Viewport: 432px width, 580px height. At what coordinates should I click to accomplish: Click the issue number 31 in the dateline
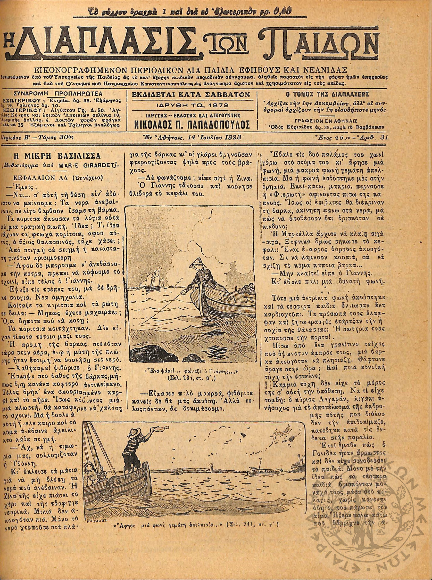(x=384, y=137)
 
